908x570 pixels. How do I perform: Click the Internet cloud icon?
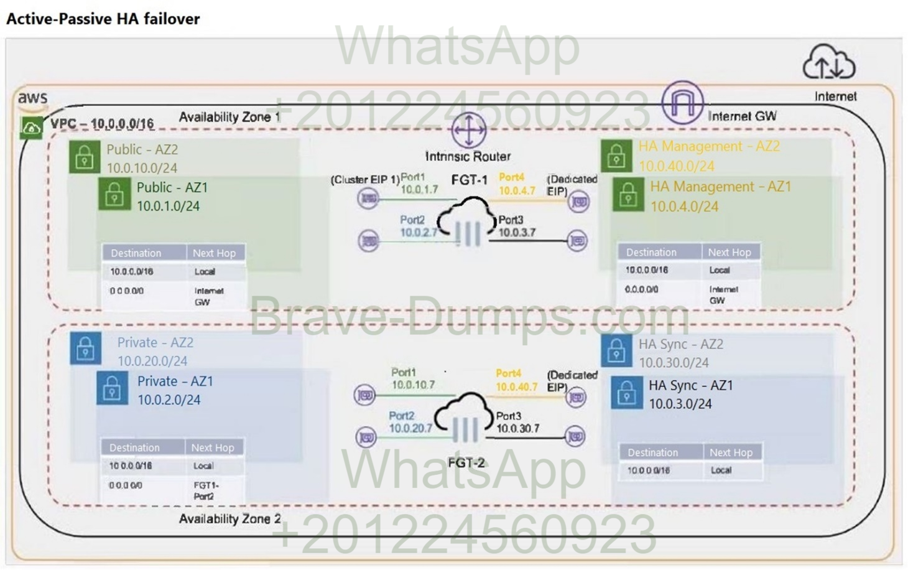pyautogui.click(x=829, y=62)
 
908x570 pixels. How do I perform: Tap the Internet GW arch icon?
pyautogui.click(x=682, y=103)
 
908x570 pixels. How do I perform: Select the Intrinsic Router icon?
pyautogui.click(x=468, y=130)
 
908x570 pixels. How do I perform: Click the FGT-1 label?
pyautogui.click(x=469, y=180)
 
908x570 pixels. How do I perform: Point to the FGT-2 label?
pyautogui.click(x=466, y=463)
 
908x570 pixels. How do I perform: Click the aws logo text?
pyautogui.click(x=32, y=98)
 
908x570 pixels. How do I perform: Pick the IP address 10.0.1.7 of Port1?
pyautogui.click(x=419, y=189)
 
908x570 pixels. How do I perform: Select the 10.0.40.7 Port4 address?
pyautogui.click(x=516, y=386)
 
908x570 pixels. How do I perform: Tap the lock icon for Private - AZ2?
pyautogui.click(x=85, y=348)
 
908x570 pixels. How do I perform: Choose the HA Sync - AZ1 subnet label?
pyautogui.click(x=690, y=385)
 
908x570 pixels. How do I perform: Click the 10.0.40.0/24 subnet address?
pyautogui.click(x=676, y=166)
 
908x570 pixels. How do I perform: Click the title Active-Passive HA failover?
pyautogui.click(x=103, y=19)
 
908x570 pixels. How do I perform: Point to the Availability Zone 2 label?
pyautogui.click(x=229, y=518)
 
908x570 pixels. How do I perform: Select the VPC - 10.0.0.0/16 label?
pyautogui.click(x=102, y=123)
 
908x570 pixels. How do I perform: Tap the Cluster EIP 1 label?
pyautogui.click(x=364, y=180)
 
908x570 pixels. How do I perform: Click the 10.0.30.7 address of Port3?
pyautogui.click(x=517, y=428)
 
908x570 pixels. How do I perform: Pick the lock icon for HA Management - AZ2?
pyautogui.click(x=616, y=156)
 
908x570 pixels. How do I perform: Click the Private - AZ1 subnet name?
pyautogui.click(x=175, y=381)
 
